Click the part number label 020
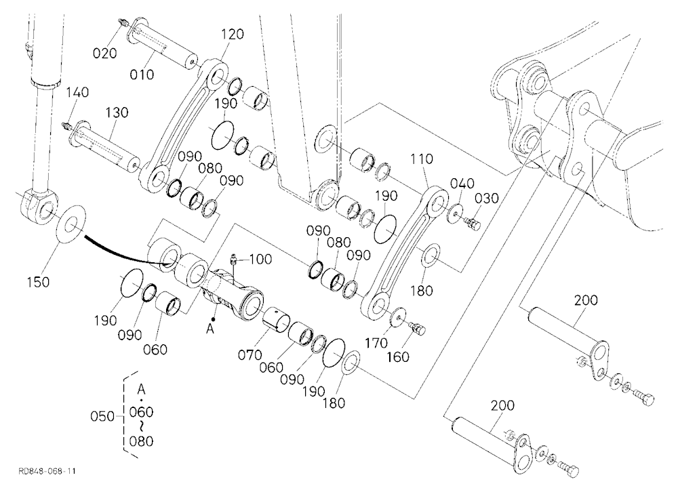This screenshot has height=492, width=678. coord(105,53)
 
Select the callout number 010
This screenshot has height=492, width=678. coord(142,75)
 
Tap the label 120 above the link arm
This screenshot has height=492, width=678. coord(233,34)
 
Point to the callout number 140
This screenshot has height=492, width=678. coord(77,92)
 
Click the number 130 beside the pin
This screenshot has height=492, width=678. coord(117,112)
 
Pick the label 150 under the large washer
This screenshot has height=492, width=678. coord(38,282)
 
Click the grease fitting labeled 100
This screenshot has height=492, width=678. coord(233,259)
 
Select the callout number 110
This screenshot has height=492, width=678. coord(421,159)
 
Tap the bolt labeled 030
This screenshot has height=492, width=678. coord(473,224)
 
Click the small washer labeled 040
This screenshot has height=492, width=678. coord(455,213)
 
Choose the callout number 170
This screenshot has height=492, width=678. coord(376,343)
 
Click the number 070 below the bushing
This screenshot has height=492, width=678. coord(250,355)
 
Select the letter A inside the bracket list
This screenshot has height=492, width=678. coord(141,389)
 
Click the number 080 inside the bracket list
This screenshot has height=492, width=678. coord(141,441)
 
